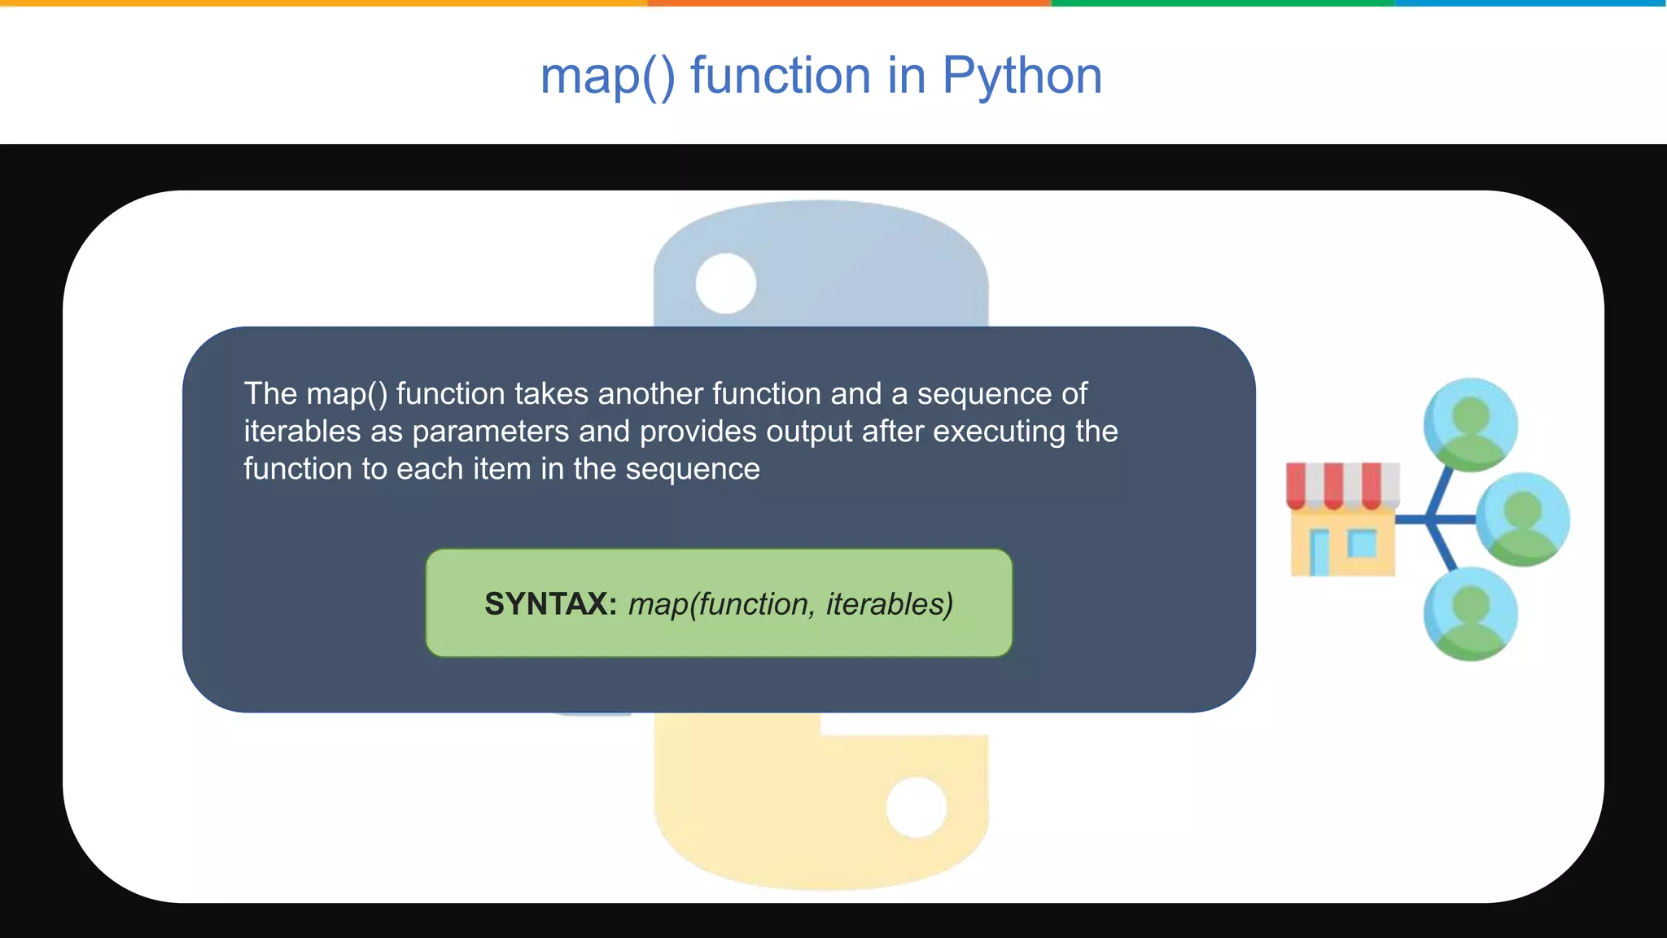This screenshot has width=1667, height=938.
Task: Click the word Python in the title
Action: point(1022,76)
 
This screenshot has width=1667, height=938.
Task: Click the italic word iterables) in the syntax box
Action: point(889,604)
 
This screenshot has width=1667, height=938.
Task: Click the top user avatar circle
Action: point(1470,424)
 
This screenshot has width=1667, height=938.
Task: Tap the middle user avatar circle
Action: point(1522,519)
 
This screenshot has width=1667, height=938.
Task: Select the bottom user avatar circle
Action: point(1470,614)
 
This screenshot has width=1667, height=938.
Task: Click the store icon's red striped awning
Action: point(1342,484)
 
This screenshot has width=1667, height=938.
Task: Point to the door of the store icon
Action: point(1319,551)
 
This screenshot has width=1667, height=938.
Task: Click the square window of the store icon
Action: point(1362,543)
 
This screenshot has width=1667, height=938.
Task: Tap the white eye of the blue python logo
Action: point(726,283)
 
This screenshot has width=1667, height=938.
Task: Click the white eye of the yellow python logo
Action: point(917,807)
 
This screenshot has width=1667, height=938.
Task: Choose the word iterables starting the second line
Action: point(302,432)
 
